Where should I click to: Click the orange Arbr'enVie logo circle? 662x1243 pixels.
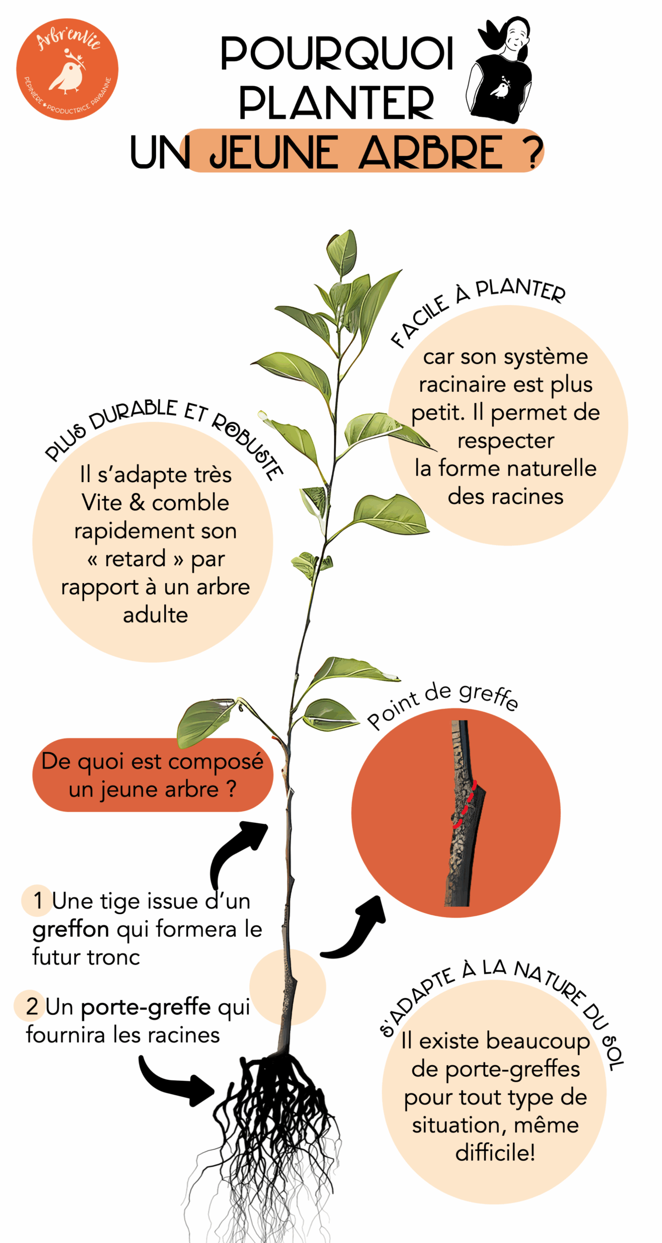point(67,69)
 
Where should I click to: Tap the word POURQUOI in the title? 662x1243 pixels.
point(337,53)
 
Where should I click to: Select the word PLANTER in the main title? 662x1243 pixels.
point(336,103)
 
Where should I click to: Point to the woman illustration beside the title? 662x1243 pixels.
point(500,70)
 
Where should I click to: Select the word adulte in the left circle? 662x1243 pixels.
point(155,615)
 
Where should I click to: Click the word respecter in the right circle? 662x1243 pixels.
point(506,441)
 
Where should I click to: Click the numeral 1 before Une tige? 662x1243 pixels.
point(38,901)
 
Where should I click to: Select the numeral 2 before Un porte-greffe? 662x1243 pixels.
point(32,1007)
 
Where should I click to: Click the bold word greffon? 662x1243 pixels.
point(71,929)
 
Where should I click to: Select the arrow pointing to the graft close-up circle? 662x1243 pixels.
point(355,930)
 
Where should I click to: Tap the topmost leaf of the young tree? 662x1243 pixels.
point(342,252)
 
